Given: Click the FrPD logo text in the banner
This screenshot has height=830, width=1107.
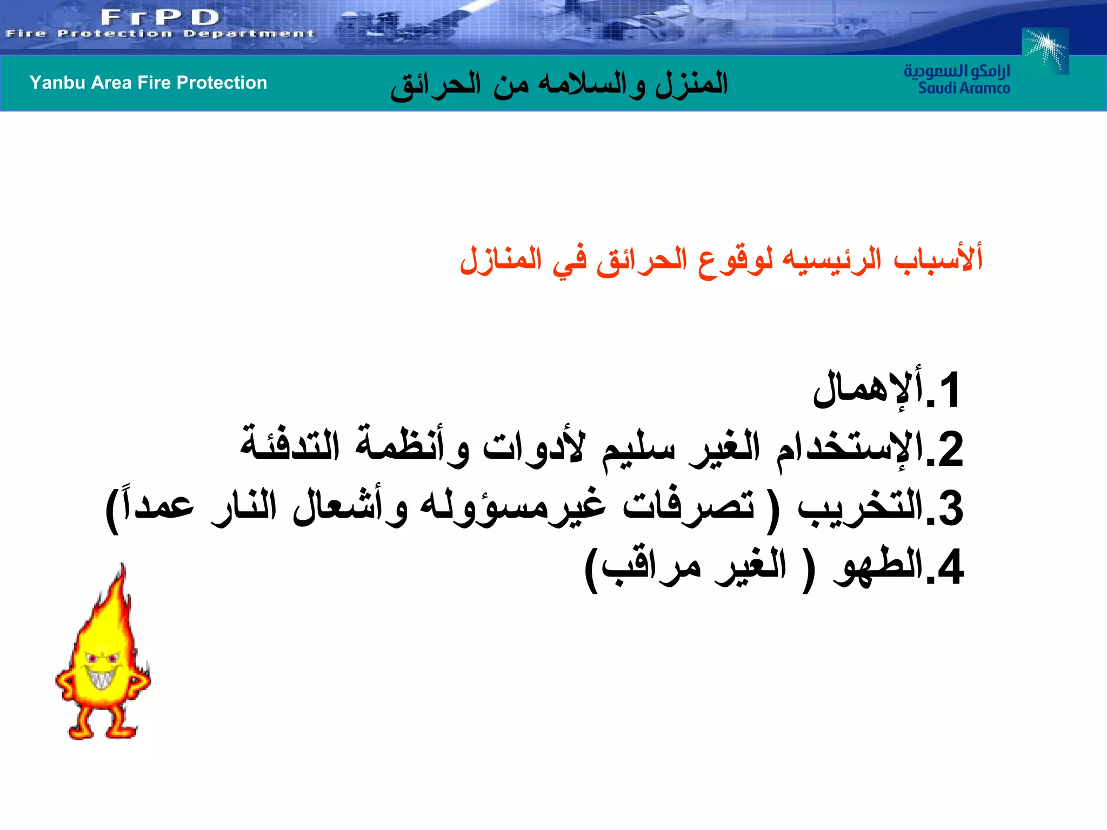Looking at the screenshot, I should pyautogui.click(x=161, y=17).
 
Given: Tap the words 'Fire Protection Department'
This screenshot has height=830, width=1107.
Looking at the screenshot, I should pyautogui.click(x=160, y=34).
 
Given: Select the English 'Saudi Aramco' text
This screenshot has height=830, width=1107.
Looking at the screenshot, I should pyautogui.click(x=964, y=88).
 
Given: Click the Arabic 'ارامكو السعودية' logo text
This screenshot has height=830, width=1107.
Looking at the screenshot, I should pyautogui.click(x=957, y=71).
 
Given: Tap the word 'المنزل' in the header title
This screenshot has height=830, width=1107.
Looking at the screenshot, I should pyautogui.click(x=692, y=84).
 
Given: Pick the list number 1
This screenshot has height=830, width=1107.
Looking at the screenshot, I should pyautogui.click(x=949, y=390).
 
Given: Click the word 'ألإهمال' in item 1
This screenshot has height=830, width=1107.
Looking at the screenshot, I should pyautogui.click(x=868, y=389).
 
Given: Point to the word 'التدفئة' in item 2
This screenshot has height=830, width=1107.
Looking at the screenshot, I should pyautogui.click(x=290, y=446).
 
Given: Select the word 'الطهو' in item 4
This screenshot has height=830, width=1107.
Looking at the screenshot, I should pyautogui.click(x=878, y=567).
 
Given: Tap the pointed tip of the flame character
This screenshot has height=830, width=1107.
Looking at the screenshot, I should pyautogui.click(x=123, y=567).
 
